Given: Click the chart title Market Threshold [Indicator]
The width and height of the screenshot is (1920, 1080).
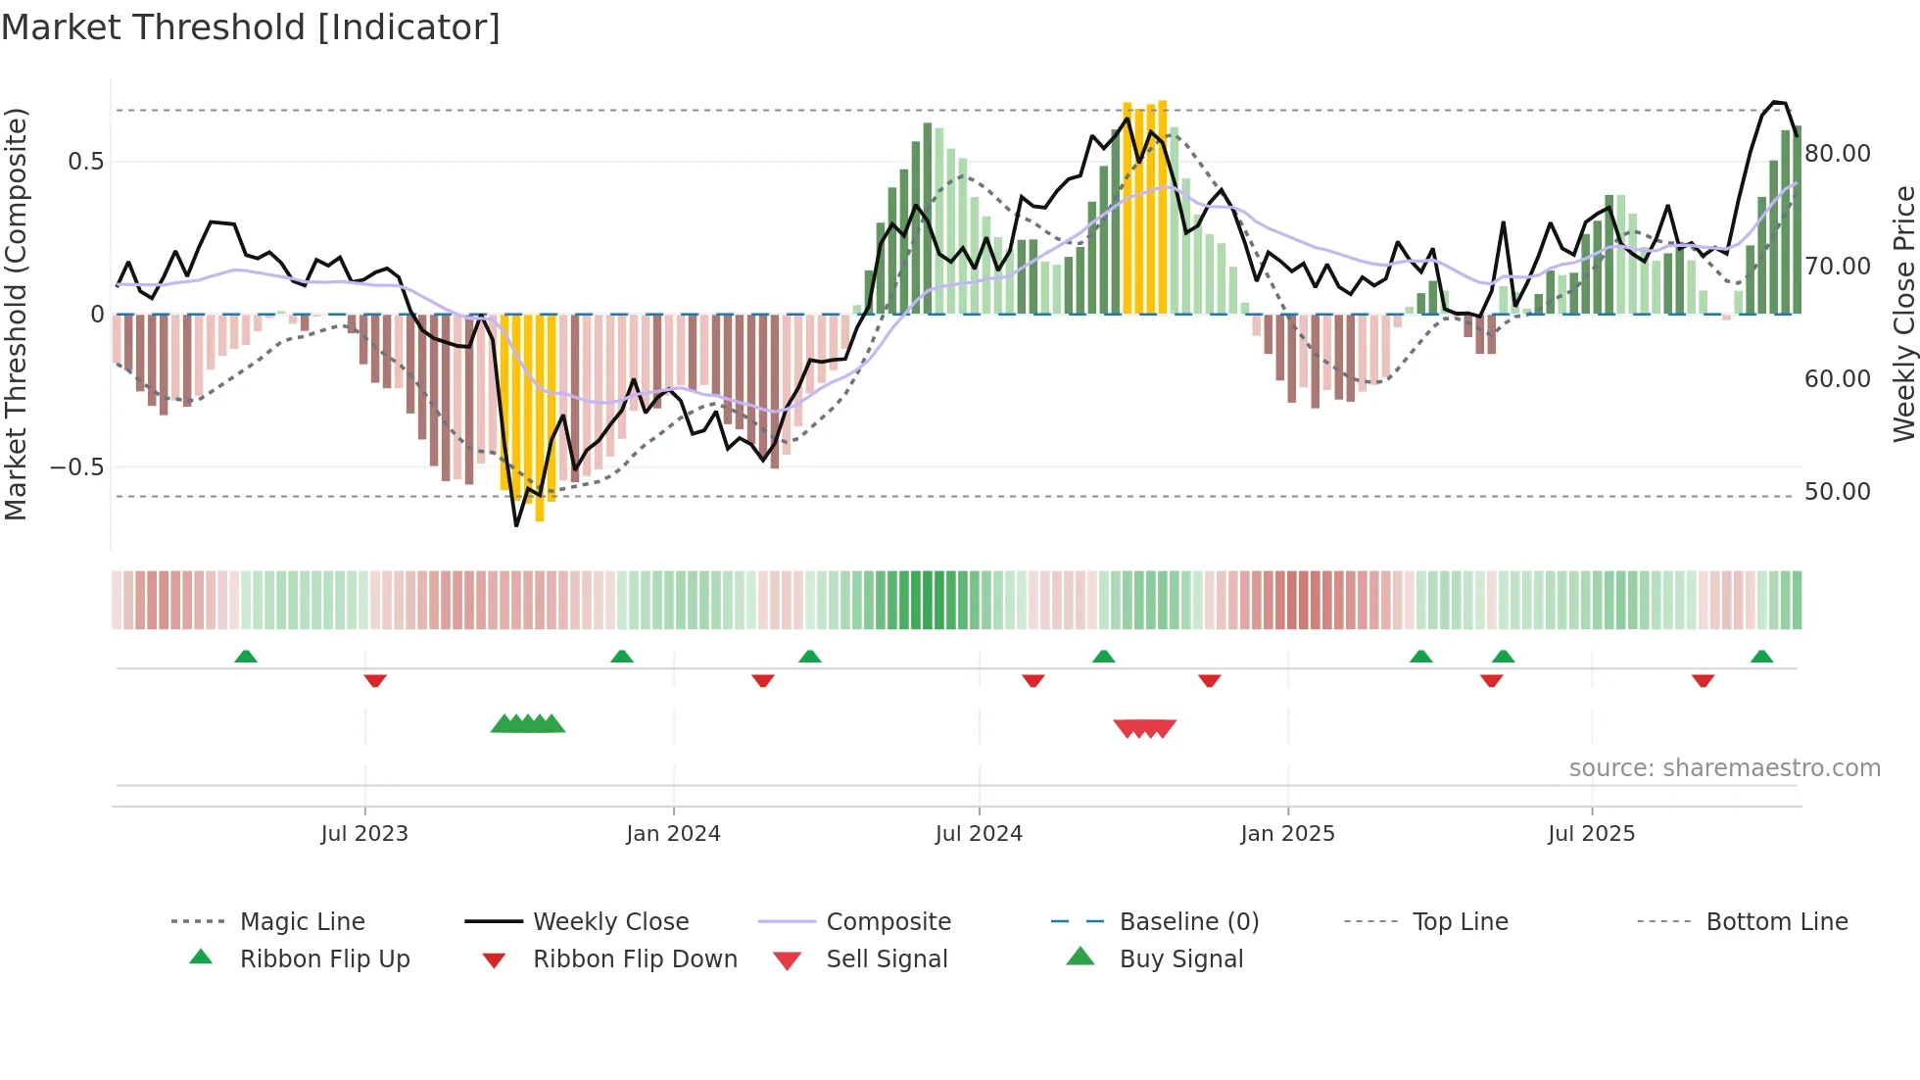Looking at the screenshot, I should pyautogui.click(x=251, y=27).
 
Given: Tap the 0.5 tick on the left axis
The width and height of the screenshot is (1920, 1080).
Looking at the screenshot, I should pyautogui.click(x=86, y=162).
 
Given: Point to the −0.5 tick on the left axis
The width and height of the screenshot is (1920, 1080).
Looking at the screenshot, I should pyautogui.click(x=78, y=467).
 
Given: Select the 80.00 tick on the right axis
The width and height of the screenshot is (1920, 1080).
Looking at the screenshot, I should pyautogui.click(x=1837, y=154).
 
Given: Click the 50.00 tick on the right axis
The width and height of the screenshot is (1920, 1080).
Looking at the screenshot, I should pyautogui.click(x=1837, y=492).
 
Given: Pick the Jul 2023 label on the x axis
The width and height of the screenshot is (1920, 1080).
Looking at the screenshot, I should pyautogui.click(x=364, y=834).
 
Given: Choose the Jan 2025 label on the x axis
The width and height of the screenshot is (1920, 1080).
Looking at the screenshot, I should pyautogui.click(x=1287, y=834).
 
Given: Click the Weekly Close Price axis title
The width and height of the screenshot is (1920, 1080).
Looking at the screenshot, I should pyautogui.click(x=1903, y=314).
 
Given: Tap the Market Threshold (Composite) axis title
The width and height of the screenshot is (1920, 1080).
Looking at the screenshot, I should pyautogui.click(x=16, y=314).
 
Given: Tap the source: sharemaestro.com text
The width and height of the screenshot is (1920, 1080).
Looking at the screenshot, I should pyautogui.click(x=1724, y=768).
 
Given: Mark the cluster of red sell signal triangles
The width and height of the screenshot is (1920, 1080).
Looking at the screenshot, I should pyautogui.click(x=1144, y=728).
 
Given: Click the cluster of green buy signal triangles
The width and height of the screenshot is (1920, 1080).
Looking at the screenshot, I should pyautogui.click(x=528, y=724).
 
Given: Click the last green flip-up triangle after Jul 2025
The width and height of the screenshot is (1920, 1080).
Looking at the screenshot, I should pyautogui.click(x=1761, y=657).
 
